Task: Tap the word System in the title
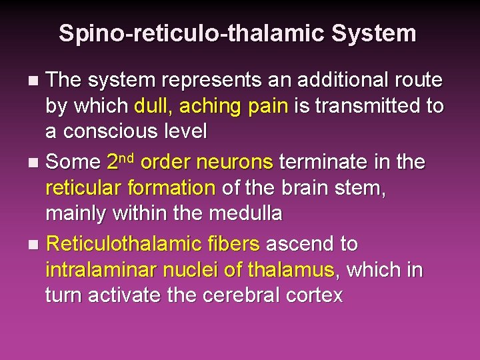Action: [x=381, y=33]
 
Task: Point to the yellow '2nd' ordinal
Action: [x=121, y=161]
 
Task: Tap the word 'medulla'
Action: [x=246, y=213]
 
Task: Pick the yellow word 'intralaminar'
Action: [x=104, y=270]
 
